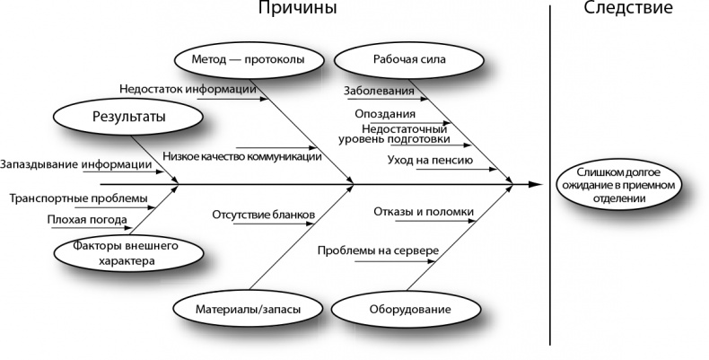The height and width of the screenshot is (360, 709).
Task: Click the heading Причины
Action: pyautogui.click(x=299, y=10)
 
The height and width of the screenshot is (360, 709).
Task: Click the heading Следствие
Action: pyautogui.click(x=628, y=10)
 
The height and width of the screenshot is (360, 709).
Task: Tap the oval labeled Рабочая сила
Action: pyautogui.click(x=403, y=60)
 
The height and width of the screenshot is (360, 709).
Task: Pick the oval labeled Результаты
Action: pyautogui.click(x=129, y=117)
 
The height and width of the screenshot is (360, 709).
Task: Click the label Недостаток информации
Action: pyautogui.click(x=188, y=89)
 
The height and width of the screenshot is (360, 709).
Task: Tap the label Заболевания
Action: pyautogui.click(x=379, y=91)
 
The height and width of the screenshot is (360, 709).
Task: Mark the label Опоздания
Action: pyautogui.click(x=385, y=114)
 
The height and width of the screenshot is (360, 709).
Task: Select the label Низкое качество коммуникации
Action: pyautogui.click(x=242, y=156)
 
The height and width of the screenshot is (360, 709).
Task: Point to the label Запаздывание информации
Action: pyautogui.click(x=76, y=164)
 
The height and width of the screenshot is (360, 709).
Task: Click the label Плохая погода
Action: pyautogui.click(x=87, y=219)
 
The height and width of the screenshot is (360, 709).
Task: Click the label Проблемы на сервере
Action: pyautogui.click(x=377, y=250)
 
